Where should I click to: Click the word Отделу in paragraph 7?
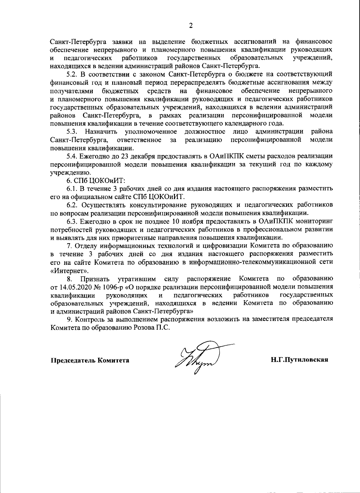(x=86, y=246)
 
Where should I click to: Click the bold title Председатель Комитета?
(x=90, y=360)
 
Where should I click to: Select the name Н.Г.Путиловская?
(x=299, y=360)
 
